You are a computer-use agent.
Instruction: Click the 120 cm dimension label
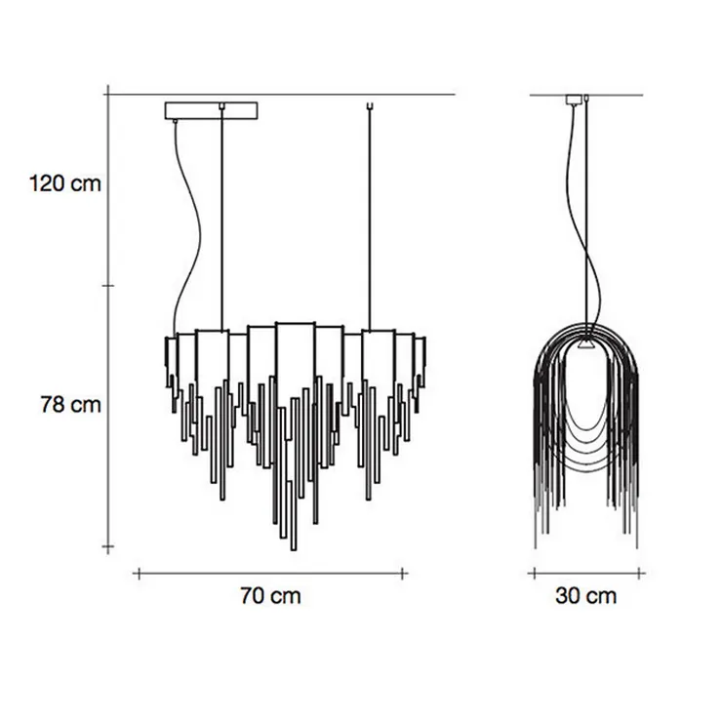point(65,183)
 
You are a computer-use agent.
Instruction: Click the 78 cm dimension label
point(70,405)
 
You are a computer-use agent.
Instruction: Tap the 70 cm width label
point(271,595)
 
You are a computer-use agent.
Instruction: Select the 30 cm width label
point(585,595)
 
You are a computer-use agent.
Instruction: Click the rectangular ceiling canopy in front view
point(212,110)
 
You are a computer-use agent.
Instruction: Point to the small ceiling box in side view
point(574,100)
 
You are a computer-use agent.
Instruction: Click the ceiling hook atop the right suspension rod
point(369,106)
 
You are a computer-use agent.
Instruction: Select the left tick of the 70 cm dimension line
point(140,574)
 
